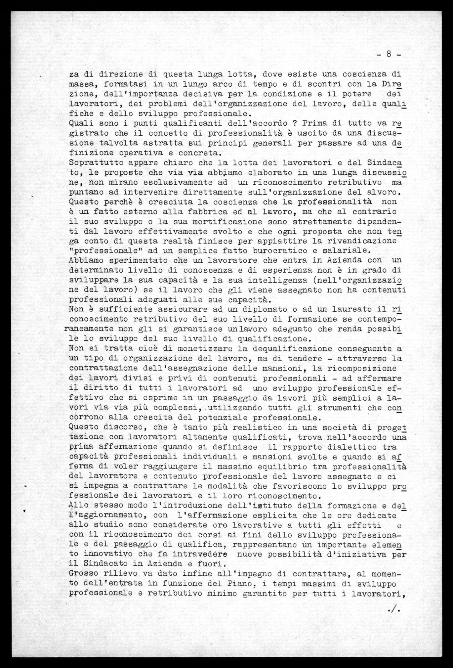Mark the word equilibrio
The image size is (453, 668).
(291, 467)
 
